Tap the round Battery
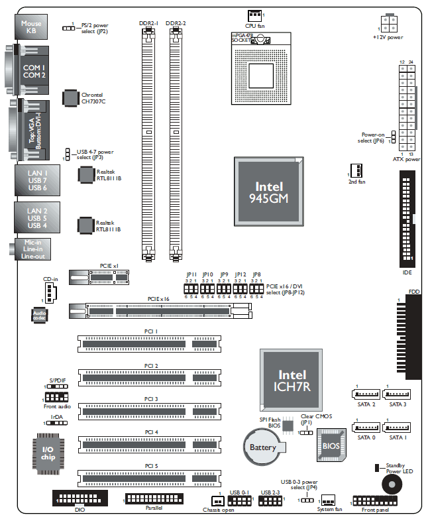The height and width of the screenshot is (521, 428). (262, 448)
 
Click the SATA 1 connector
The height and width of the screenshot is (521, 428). (397, 427)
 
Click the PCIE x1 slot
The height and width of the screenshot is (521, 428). (110, 275)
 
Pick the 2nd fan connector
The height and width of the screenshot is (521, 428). (356, 169)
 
